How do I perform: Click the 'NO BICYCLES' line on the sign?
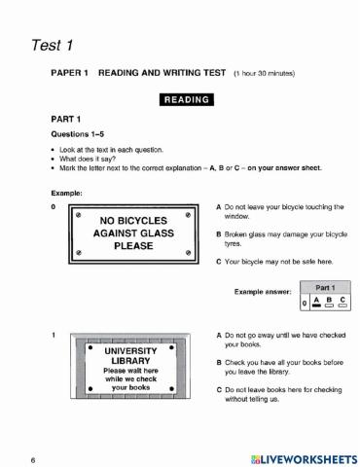pos(133,220)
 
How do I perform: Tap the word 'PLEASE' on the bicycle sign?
pos(133,246)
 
